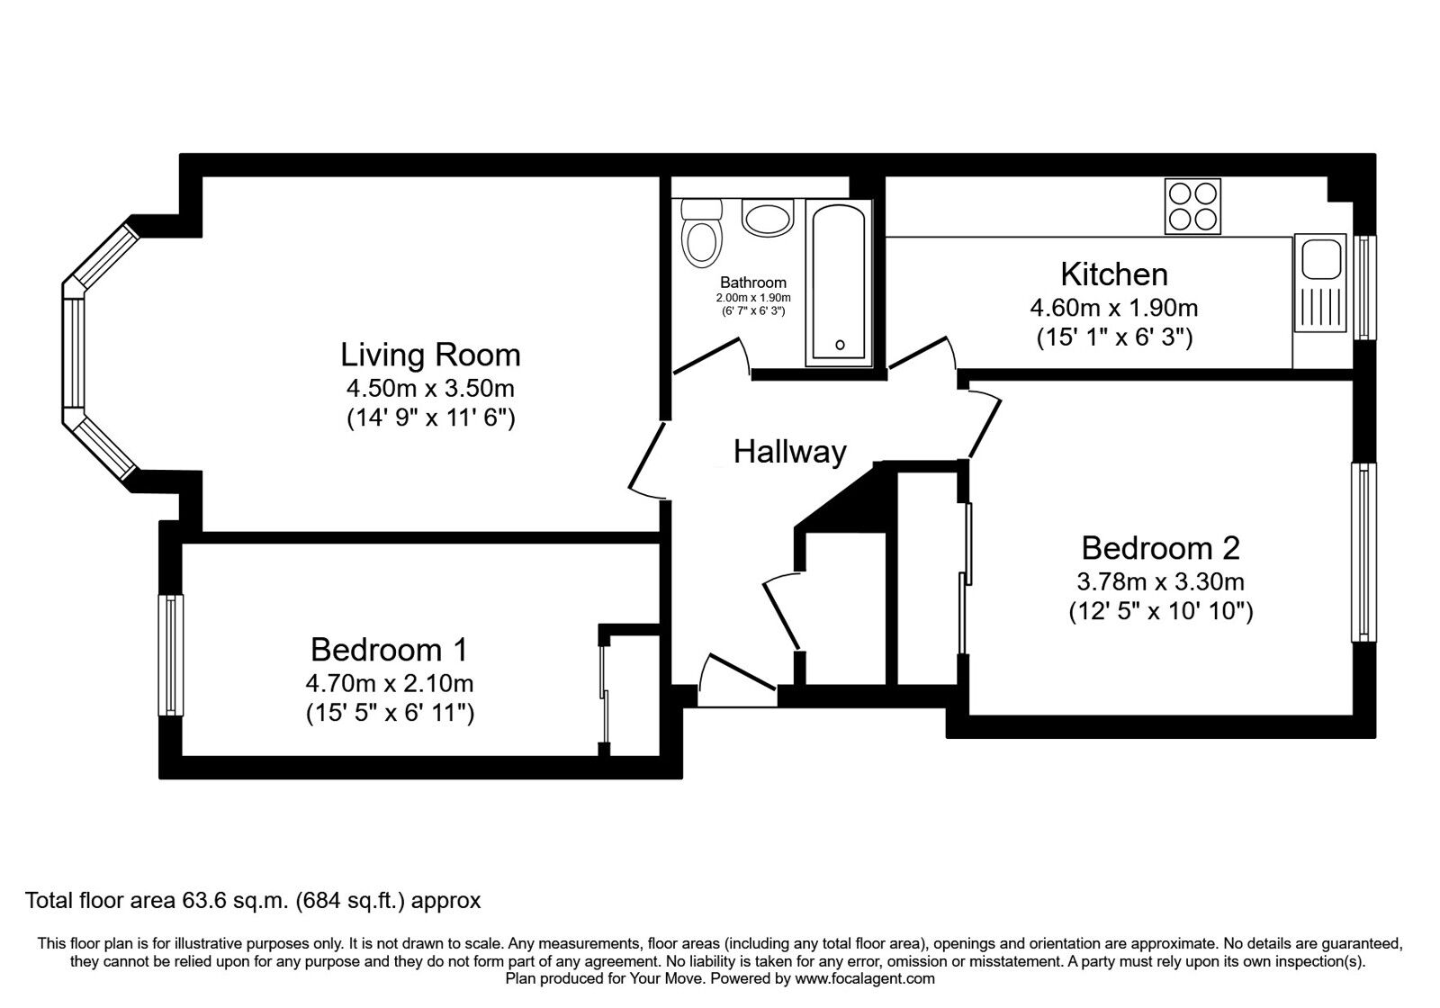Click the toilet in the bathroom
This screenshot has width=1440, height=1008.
pyautogui.click(x=701, y=233)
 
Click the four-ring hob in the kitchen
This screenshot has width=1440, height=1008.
pyautogui.click(x=1192, y=206)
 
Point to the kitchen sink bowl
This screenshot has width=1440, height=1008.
pyautogui.click(x=1321, y=258)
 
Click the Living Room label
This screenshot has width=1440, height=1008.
pyautogui.click(x=430, y=355)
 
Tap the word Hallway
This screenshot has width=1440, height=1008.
pyautogui.click(x=789, y=452)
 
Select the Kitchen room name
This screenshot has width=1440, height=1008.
pyautogui.click(x=1114, y=274)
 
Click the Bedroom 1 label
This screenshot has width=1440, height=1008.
pyautogui.click(x=389, y=649)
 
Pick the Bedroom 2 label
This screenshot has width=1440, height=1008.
pyautogui.click(x=1160, y=548)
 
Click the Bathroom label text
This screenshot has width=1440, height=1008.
pyautogui.click(x=752, y=283)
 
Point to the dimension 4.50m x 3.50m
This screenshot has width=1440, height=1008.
pyautogui.click(x=430, y=388)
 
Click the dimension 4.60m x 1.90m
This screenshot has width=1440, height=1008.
pyautogui.click(x=1114, y=308)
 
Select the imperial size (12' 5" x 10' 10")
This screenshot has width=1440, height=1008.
pyautogui.click(x=1160, y=611)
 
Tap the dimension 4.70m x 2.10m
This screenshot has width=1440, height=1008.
pyautogui.click(x=390, y=683)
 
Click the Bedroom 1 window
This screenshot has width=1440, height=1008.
pyautogui.click(x=170, y=655)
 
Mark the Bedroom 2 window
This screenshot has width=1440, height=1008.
pyautogui.click(x=1363, y=553)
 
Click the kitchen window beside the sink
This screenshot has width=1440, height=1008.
pyautogui.click(x=1364, y=287)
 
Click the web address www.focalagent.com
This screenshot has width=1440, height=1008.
pyautogui.click(x=865, y=978)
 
